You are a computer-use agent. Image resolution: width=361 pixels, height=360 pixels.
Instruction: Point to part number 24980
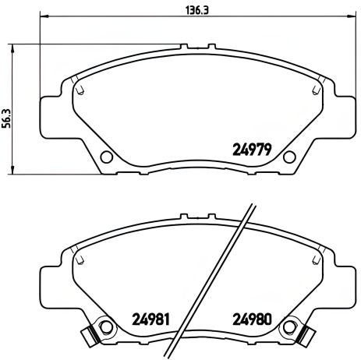(251, 319)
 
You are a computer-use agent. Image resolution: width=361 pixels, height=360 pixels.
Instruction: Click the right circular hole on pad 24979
(288, 154)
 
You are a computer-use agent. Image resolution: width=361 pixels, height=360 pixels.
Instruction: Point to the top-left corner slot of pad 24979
(78, 90)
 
